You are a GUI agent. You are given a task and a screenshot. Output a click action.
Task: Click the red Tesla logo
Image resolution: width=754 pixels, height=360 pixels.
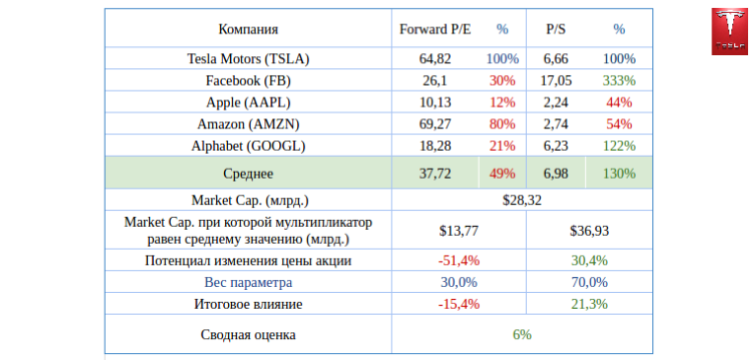pos(729,32)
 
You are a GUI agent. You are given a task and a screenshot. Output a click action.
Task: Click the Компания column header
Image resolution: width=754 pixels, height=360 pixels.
pos(248,30)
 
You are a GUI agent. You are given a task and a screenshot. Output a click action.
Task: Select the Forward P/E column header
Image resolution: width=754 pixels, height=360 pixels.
pos(435,30)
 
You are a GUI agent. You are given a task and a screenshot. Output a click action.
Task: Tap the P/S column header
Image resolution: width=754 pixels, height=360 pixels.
pos(556,30)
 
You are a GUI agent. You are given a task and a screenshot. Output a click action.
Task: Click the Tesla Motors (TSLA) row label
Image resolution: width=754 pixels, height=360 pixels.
pos(248,59)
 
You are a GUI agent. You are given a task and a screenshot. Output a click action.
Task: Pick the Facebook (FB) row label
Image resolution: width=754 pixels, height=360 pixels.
pos(248,81)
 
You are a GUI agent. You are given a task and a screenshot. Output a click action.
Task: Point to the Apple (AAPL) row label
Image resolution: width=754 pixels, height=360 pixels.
pos(248,103)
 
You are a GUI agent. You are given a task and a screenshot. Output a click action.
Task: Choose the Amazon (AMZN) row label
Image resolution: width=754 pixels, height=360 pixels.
pos(248,124)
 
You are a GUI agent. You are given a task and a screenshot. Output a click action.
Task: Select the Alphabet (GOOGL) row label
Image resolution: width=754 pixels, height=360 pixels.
pos(248,146)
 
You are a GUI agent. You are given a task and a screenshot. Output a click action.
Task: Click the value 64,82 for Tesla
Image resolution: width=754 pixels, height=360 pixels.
pos(435,59)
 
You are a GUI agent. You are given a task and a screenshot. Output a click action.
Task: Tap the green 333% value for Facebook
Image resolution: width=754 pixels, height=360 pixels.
pos(620,81)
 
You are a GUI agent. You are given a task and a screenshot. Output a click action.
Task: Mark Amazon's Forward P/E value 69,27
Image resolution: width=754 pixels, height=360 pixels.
pos(435,124)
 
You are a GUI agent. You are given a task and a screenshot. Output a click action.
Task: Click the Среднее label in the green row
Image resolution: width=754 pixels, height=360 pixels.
pos(248,174)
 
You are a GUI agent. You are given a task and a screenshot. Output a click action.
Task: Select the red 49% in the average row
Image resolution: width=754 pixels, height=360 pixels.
pos(502,174)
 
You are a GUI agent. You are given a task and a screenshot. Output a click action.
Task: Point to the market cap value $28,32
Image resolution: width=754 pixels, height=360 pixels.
pos(522,200)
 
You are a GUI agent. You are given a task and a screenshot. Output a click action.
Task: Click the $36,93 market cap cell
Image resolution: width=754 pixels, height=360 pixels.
pos(589,231)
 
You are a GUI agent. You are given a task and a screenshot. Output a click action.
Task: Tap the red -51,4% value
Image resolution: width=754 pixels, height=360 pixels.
pos(459,260)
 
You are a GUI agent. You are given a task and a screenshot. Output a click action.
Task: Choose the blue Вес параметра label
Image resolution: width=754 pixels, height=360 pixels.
pos(248,282)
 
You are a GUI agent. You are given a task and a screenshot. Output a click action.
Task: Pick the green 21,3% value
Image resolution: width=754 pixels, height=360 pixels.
pos(589,304)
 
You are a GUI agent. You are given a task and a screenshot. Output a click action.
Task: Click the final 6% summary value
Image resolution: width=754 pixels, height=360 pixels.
pos(522,334)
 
